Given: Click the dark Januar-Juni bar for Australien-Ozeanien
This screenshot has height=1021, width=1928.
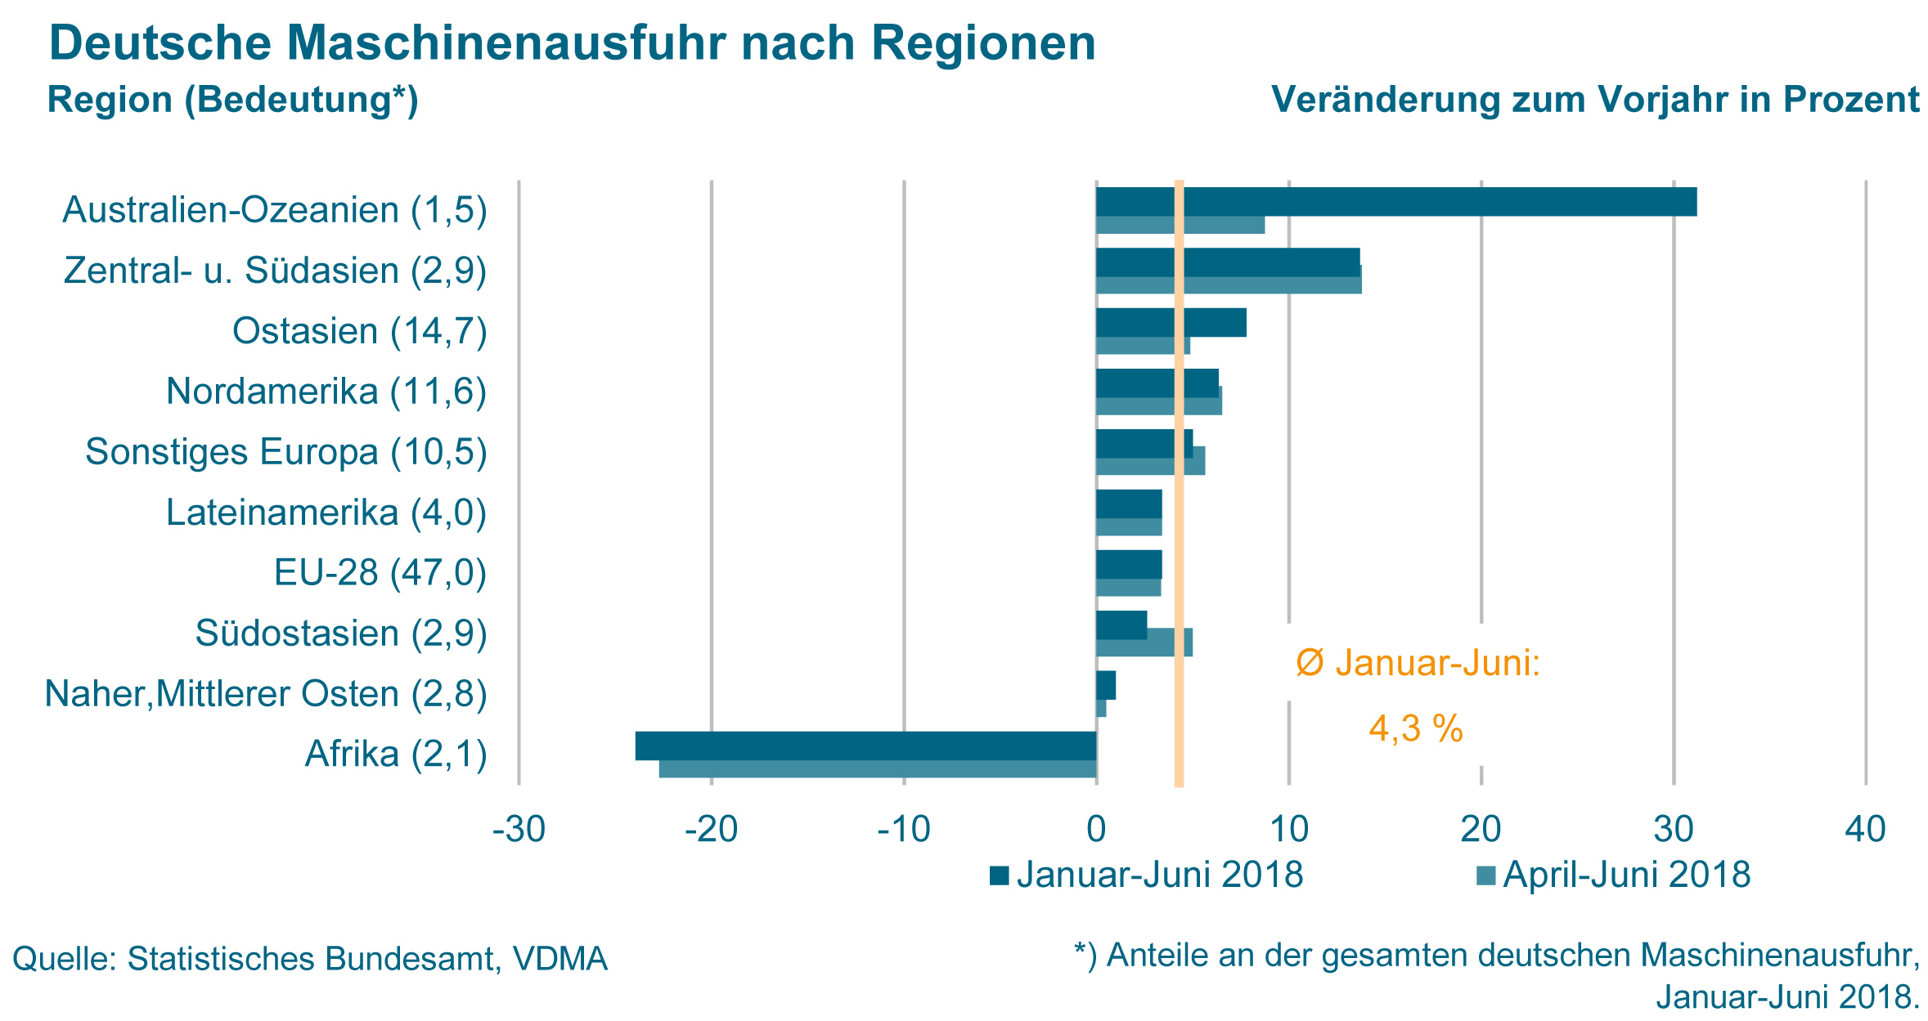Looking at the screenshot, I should click(1395, 202).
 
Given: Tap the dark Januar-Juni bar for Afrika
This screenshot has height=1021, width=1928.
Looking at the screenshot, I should click(865, 746).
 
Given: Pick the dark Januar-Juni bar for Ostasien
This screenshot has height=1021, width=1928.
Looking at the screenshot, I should click(1171, 323).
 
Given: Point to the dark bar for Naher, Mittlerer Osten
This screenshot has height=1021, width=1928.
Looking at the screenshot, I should click(1106, 685).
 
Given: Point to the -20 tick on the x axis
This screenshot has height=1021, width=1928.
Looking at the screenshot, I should click(711, 831).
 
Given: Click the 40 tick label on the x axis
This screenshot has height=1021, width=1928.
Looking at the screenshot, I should click(1866, 831).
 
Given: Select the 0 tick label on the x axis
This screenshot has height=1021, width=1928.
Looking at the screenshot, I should click(1096, 831).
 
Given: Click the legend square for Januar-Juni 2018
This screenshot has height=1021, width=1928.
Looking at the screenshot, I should click(999, 876).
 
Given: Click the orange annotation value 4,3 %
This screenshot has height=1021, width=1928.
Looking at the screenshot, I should click(1416, 728).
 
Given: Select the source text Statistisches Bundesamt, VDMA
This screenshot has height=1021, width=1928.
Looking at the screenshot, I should click(367, 959).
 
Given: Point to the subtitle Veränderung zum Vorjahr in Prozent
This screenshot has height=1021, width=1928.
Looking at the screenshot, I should click(1595, 100).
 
